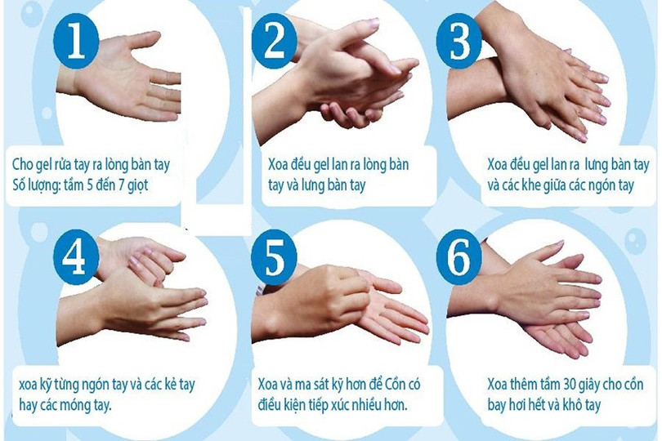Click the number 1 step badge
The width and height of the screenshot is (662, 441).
coord(76,41)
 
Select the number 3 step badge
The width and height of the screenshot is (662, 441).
coord(459,41)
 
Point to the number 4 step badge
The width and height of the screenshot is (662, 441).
coord(76,257)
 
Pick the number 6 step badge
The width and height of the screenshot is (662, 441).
coord(459,257)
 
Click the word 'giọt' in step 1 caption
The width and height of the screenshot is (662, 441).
coord(138,185)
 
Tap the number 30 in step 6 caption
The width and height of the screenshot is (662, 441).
coord(571,384)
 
